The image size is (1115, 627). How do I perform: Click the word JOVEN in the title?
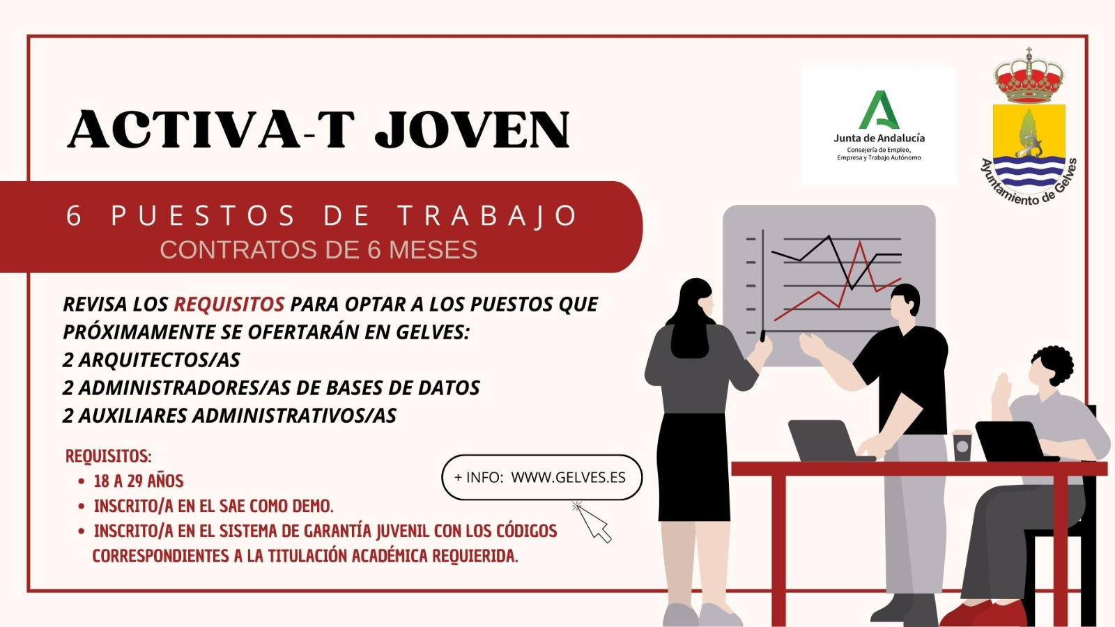pyautogui.click(x=472, y=130)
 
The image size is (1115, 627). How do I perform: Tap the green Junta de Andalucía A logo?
pyautogui.click(x=879, y=110)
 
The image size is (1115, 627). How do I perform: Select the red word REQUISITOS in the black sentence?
pyautogui.click(x=229, y=304)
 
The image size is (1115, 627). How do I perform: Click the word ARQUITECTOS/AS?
pyautogui.click(x=160, y=359)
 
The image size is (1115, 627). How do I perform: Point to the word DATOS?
pyautogui.click(x=449, y=387)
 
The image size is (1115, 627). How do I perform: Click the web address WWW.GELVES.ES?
pyautogui.click(x=569, y=477)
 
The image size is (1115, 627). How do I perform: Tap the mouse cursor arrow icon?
pyautogui.click(x=592, y=522)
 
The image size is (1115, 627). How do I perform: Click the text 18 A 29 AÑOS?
pyautogui.click(x=139, y=481)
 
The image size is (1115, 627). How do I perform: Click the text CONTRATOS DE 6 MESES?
pyautogui.click(x=318, y=250)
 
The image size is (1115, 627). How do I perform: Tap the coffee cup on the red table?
pyautogui.click(x=962, y=445)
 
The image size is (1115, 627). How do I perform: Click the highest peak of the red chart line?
pyautogui.click(x=860, y=242)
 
